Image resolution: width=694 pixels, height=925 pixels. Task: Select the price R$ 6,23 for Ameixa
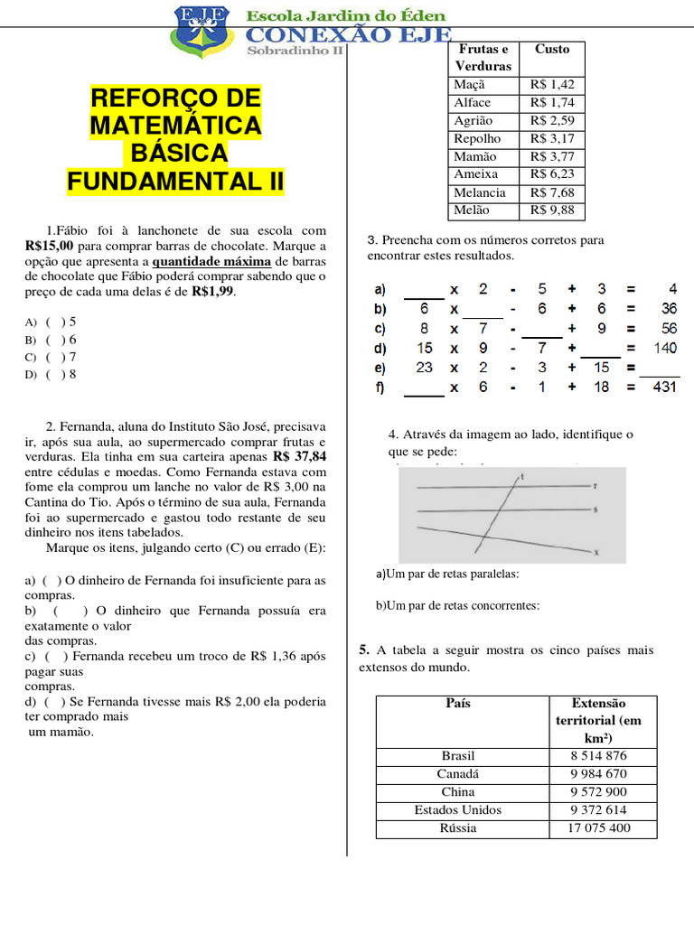pos(551,174)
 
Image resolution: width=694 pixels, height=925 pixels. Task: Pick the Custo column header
pos(551,50)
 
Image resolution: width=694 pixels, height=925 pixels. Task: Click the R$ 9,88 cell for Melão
pos(551,210)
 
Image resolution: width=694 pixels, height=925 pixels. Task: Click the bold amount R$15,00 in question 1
pos(50,246)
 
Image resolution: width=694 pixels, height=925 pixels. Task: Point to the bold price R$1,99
pos(213,292)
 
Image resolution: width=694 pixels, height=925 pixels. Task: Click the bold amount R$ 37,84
pos(299,457)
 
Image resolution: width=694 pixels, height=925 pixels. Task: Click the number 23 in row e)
pos(424,368)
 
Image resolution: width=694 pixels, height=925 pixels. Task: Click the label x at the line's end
pos(596,551)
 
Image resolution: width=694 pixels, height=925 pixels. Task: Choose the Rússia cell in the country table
pos(458,828)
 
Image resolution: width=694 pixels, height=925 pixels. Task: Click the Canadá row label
pos(458,774)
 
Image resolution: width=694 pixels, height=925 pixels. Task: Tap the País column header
pos(458,703)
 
